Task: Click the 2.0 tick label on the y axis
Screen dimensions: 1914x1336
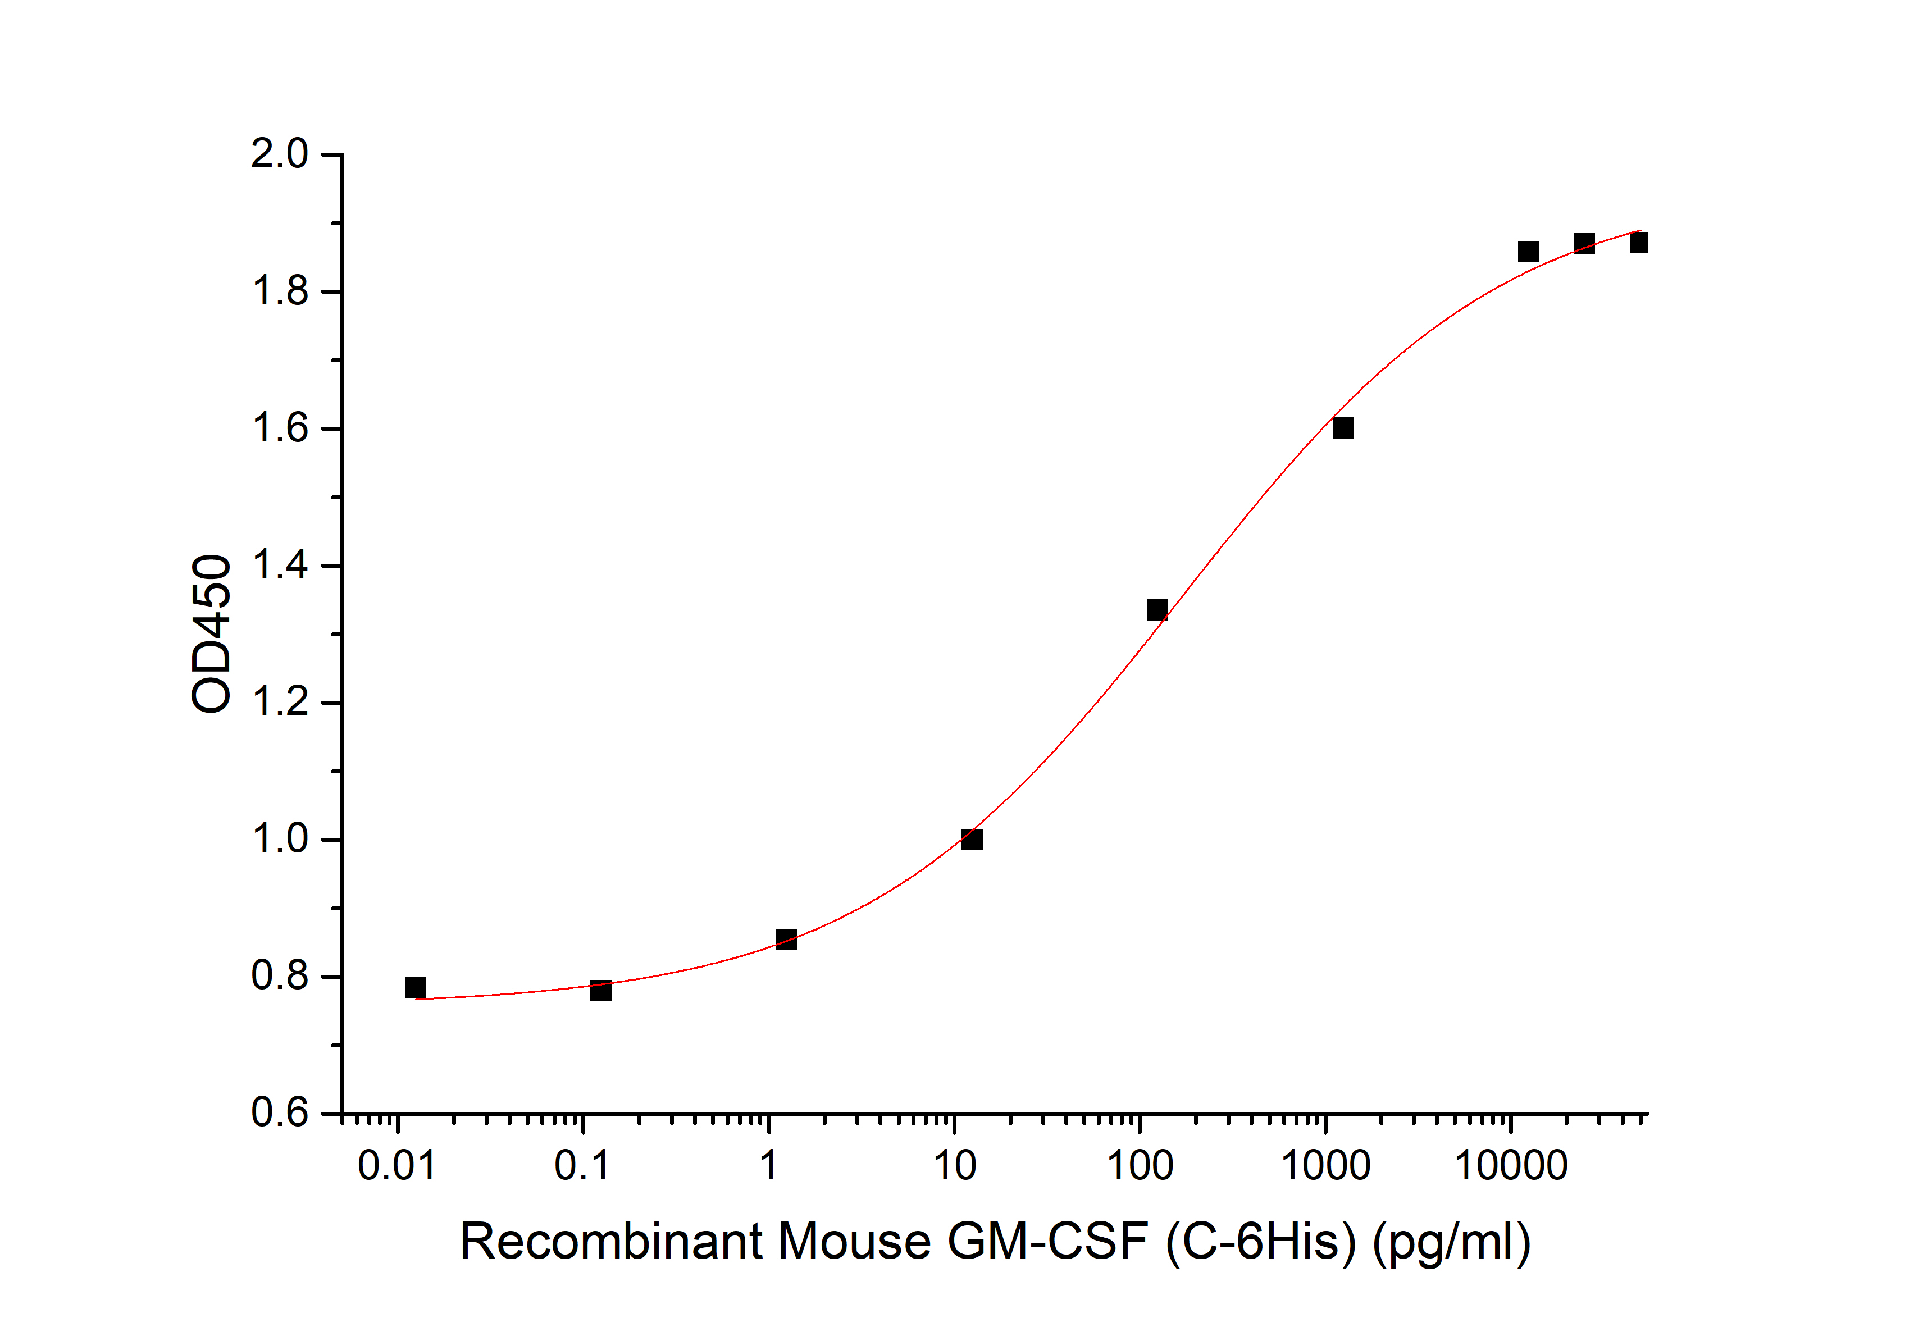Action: coord(279,154)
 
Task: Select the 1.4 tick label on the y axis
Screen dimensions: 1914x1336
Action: coord(279,566)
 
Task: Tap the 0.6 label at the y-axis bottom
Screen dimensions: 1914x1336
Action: coord(279,1114)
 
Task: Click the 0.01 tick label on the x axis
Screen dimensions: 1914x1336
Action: coord(397,1165)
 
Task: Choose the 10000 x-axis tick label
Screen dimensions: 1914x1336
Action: coord(1511,1165)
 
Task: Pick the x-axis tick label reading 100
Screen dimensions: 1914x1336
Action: coord(1140,1165)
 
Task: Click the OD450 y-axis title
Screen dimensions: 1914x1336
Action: coord(211,633)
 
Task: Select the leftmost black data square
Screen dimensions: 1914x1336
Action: coord(415,988)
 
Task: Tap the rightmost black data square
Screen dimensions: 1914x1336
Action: coord(1639,243)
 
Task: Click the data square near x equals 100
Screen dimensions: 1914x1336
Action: coord(1157,610)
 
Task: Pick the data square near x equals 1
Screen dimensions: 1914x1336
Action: coord(786,940)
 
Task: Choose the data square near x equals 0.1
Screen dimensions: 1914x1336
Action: coord(601,990)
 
